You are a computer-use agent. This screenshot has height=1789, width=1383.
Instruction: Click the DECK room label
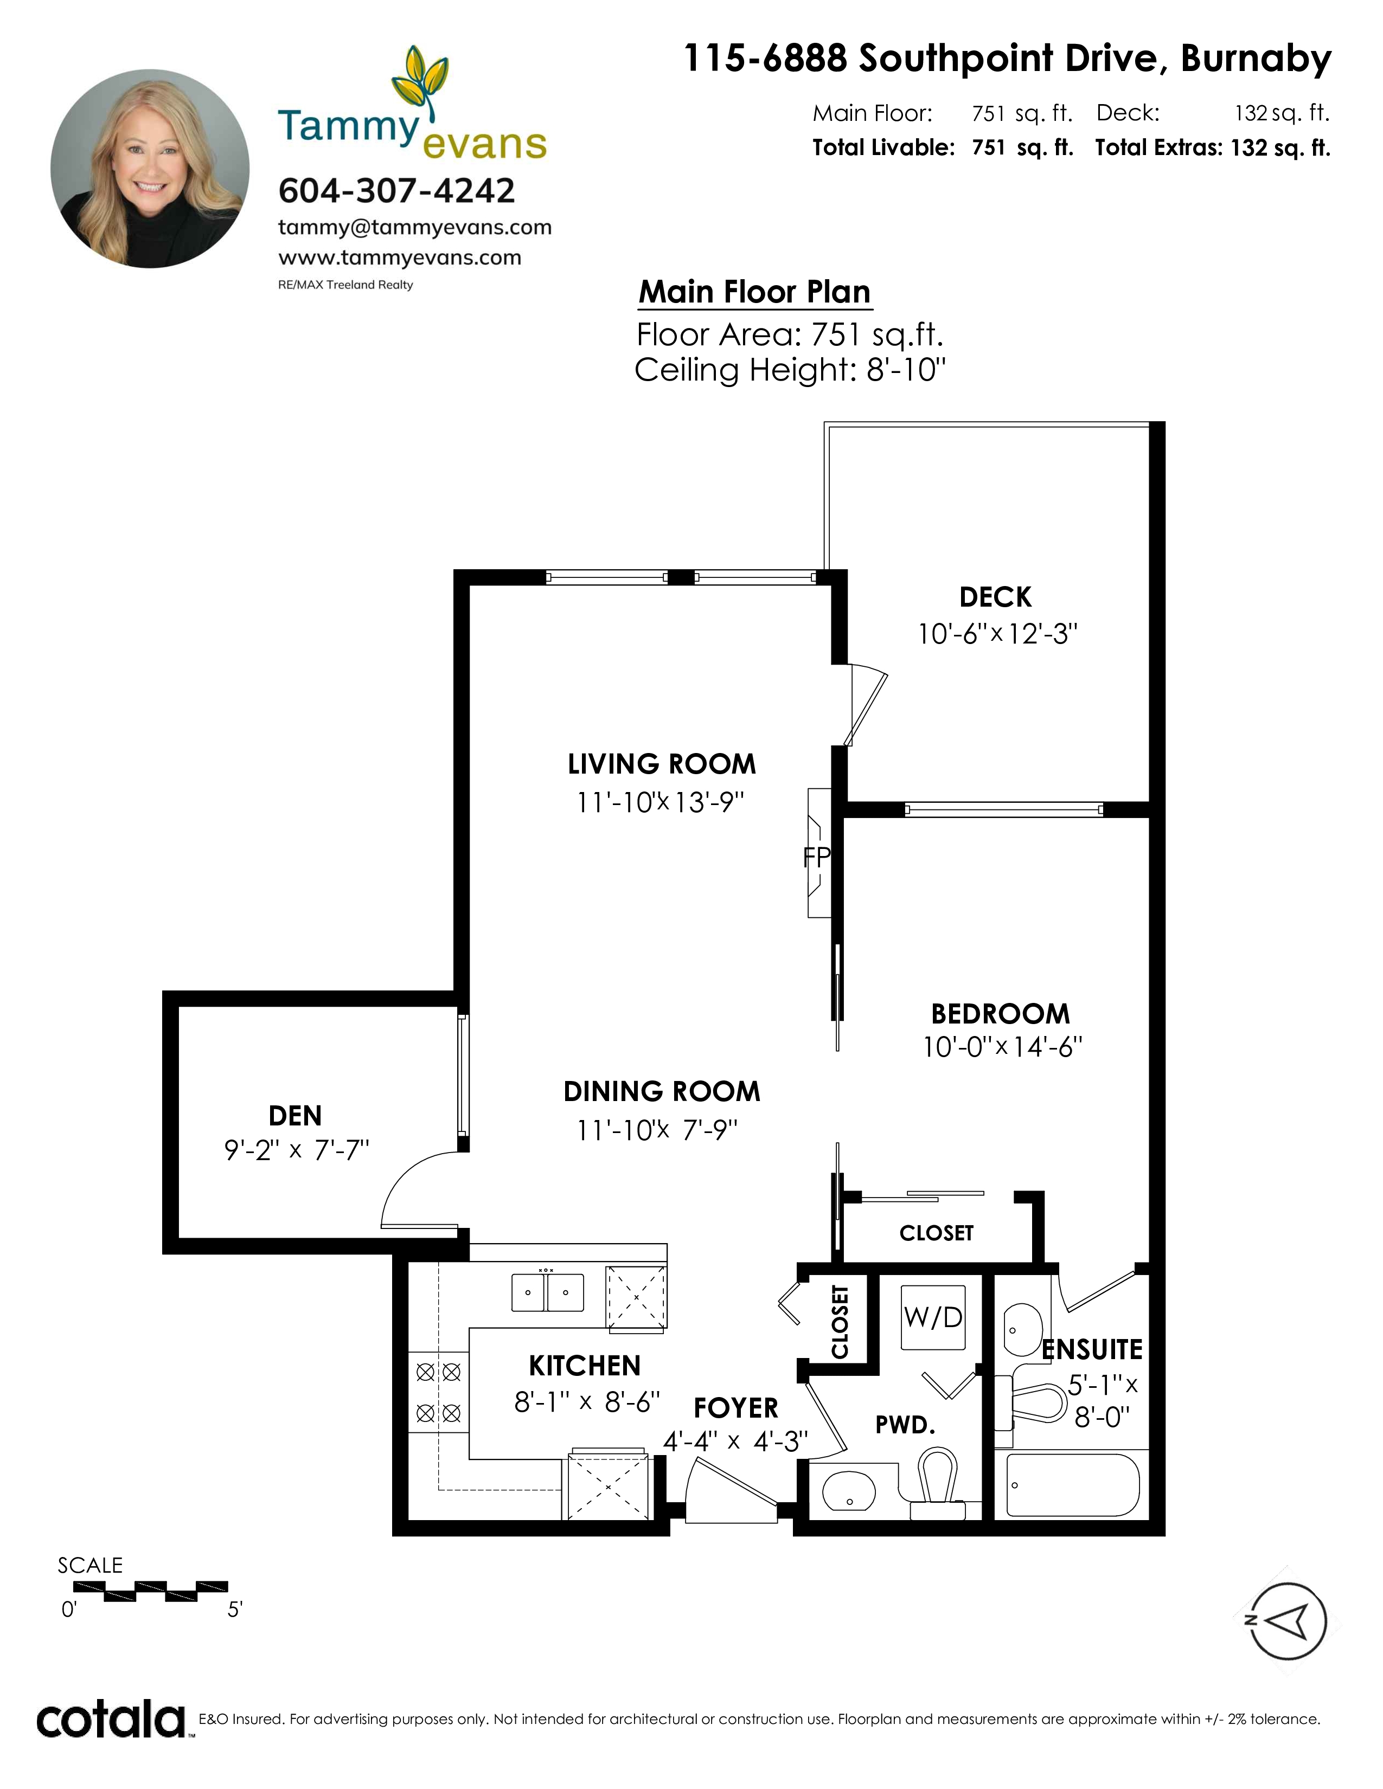click(x=995, y=597)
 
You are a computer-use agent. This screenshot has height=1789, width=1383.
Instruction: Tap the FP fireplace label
click(x=816, y=857)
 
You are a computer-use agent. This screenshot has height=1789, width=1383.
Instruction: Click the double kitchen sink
click(x=547, y=1292)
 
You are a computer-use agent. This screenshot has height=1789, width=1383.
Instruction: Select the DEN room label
click(x=295, y=1116)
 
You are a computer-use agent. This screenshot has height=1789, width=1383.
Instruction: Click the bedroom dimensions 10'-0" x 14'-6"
click(x=1002, y=1047)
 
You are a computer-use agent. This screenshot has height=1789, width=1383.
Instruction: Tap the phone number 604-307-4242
click(x=396, y=191)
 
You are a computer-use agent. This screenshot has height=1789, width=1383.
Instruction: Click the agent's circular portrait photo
click(x=150, y=168)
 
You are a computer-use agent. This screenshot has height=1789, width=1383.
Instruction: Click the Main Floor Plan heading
click(x=754, y=292)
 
